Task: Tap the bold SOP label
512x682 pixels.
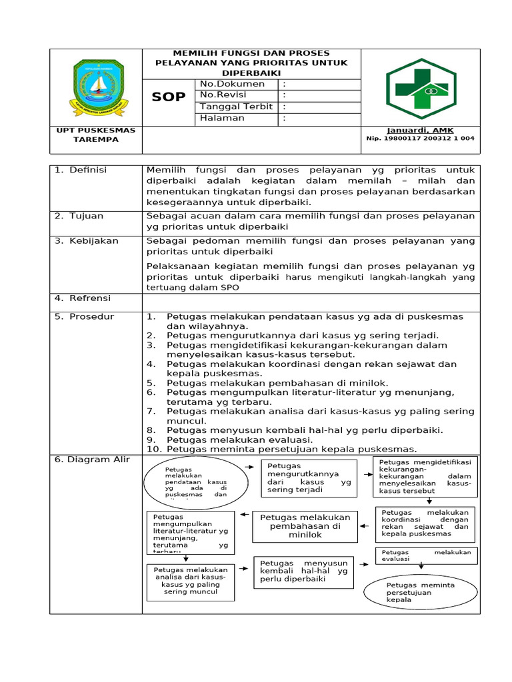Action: [169, 97]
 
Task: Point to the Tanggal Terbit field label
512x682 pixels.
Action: [236, 107]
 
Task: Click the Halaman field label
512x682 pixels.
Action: [222, 118]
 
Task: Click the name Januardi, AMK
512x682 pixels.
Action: [420, 130]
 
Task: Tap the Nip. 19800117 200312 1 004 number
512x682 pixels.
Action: [420, 139]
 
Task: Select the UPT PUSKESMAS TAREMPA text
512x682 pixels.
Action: [96, 135]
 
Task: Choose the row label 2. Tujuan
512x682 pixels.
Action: [79, 216]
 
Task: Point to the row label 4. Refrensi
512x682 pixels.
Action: [83, 298]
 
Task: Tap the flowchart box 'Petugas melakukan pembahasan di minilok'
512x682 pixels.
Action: [305, 526]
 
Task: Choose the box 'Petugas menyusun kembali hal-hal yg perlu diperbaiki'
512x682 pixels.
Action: [303, 571]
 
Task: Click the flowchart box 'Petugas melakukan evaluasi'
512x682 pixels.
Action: [427, 555]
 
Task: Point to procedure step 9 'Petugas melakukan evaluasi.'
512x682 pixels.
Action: [239, 440]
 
